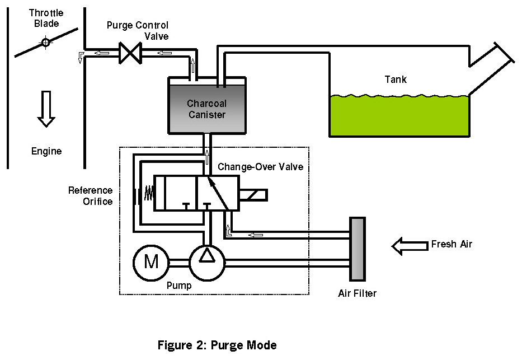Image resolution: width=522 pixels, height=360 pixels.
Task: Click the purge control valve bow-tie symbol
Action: pyautogui.click(x=133, y=54)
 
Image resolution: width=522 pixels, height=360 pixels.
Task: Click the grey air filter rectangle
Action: pyautogui.click(x=357, y=249)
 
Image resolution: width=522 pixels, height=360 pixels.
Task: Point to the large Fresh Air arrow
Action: pyautogui.click(x=408, y=245)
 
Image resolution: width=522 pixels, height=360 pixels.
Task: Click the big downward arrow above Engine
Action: pyautogui.click(x=46, y=108)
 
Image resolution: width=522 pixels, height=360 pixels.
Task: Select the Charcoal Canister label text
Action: pyautogui.click(x=206, y=109)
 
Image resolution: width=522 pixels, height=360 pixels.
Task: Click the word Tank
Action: pyautogui.click(x=396, y=80)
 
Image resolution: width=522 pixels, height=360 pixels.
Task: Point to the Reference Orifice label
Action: pyautogui.click(x=91, y=196)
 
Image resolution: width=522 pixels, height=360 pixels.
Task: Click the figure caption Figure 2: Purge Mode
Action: pyautogui.click(x=217, y=345)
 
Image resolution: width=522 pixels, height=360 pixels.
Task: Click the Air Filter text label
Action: pyautogui.click(x=358, y=293)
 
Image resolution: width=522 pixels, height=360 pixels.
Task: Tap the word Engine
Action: pyautogui.click(x=46, y=151)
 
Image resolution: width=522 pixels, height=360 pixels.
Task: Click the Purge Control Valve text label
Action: pyautogui.click(x=138, y=31)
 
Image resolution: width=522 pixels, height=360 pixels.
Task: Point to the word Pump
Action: pyautogui.click(x=179, y=286)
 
